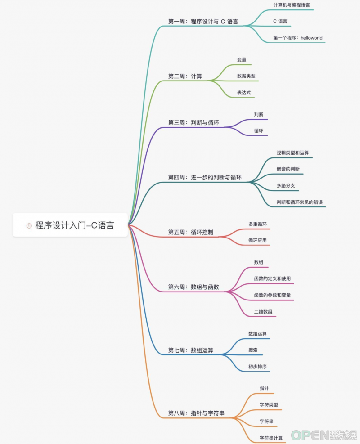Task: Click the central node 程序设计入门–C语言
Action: [70, 225]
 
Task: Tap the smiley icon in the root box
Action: [29, 226]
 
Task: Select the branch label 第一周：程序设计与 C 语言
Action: [203, 22]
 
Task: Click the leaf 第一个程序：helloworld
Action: [298, 38]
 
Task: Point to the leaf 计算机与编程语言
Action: [292, 5]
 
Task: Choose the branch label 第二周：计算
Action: [185, 76]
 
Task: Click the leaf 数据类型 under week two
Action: [246, 76]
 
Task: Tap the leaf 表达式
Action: [244, 93]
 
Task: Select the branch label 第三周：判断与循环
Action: [193, 123]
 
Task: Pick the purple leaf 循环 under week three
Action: [259, 131]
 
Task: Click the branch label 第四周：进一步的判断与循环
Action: [205, 178]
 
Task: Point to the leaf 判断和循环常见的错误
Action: [300, 202]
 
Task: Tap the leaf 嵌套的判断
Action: [288, 169]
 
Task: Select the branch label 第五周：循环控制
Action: [191, 232]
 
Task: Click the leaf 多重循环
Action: [257, 224]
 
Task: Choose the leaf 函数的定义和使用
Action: [272, 278]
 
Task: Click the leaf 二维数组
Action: [263, 312]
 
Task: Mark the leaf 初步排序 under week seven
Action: [257, 367]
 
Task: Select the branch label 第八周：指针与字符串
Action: [196, 413]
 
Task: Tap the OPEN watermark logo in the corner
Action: [324, 435]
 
